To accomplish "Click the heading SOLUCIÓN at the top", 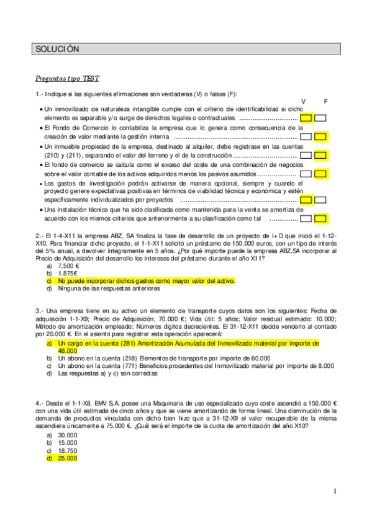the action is pos(57,48).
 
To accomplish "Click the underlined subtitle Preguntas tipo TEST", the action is pos(65,79).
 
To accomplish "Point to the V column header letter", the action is pos(303,101).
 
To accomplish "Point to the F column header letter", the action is pos(325,101).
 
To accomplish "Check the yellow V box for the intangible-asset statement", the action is pos(306,117).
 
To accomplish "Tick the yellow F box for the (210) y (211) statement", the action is pos(320,156).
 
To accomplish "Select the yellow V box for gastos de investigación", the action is pos(306,200).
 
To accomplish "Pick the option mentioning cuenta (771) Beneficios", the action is pos(186,366).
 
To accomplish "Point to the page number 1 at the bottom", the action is pos(334,492).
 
